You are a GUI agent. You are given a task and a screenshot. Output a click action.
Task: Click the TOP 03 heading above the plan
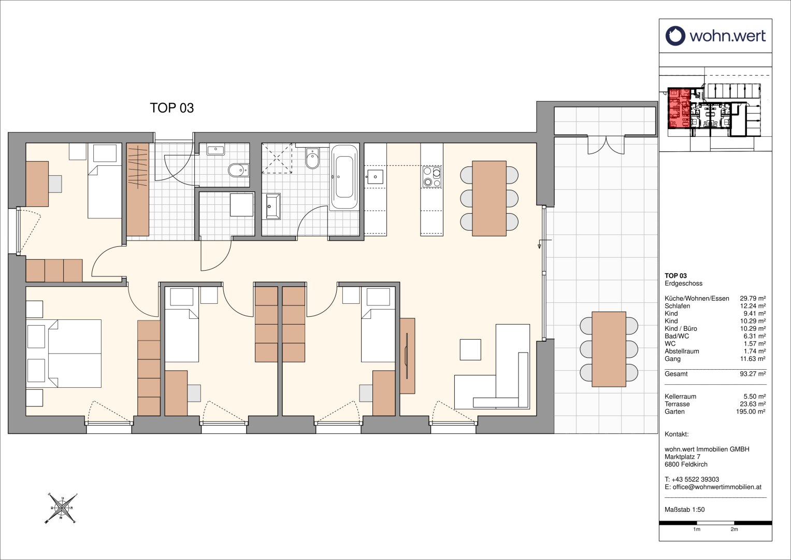[x=172, y=108]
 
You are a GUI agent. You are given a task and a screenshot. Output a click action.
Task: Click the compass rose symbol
[x=62, y=508]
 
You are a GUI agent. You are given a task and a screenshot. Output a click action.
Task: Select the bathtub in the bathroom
[x=344, y=177]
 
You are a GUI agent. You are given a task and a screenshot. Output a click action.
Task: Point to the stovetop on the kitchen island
[x=432, y=177]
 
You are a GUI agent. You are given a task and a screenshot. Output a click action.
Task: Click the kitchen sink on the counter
[x=375, y=177]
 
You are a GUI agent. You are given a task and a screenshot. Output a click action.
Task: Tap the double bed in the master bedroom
[x=64, y=354]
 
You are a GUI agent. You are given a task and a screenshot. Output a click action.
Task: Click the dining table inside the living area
[x=489, y=198]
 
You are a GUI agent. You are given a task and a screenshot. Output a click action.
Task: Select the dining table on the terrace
[x=609, y=349]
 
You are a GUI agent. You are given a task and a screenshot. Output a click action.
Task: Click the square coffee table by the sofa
[x=470, y=349]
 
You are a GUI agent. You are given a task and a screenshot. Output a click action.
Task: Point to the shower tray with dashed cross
[x=277, y=158]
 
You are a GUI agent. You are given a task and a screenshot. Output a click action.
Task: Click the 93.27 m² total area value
[x=753, y=374]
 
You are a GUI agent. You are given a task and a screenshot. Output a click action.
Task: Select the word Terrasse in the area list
[x=677, y=404]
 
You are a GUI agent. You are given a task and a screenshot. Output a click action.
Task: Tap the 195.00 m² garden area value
[x=751, y=412]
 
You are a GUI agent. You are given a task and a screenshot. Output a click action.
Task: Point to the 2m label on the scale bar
[x=734, y=539]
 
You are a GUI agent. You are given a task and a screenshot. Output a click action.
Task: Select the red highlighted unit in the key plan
[x=679, y=108]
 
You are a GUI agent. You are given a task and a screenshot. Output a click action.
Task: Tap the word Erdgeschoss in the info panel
[x=683, y=283]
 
